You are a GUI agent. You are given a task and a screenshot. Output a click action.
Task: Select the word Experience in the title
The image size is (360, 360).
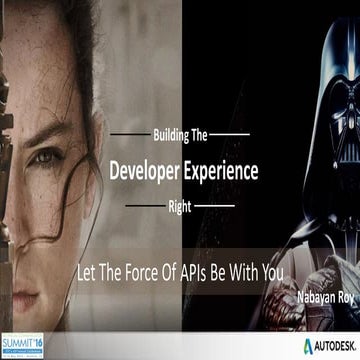pyautogui.click(x=224, y=171)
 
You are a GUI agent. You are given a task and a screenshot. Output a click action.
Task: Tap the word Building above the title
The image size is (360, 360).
pyautogui.click(x=167, y=133)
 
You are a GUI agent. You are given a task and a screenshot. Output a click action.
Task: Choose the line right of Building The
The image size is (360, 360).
pyautogui.click(x=234, y=133)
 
